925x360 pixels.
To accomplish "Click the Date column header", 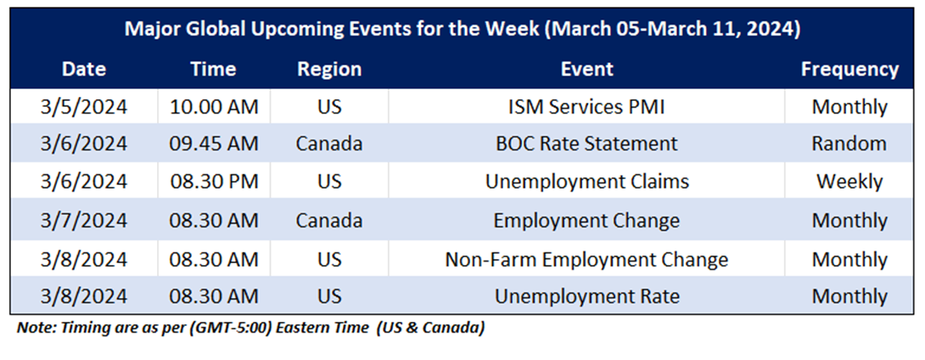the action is point(84,69).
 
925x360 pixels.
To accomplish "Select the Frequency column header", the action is point(849,69).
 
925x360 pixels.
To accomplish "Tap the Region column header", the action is point(329,69).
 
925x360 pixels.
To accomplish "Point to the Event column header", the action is point(587,69).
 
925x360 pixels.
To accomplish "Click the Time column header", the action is point(214,69).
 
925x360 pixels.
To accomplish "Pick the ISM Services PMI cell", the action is point(587,107).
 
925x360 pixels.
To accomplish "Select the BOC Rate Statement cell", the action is point(587,143).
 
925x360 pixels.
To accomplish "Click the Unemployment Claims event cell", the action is point(587,181).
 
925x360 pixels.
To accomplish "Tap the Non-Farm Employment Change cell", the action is point(587,259).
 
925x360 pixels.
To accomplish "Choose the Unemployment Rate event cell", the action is point(587,295).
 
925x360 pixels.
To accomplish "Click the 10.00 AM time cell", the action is point(214,107).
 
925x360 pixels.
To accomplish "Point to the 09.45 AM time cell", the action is point(214,143).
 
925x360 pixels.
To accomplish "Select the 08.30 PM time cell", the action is point(214,181).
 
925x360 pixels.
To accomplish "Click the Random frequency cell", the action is point(849,143).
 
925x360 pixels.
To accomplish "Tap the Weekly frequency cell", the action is point(849,181).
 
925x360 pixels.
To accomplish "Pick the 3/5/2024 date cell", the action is point(84,107).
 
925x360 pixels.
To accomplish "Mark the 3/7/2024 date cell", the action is point(84,220).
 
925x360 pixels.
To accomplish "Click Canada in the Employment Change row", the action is point(329,220).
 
